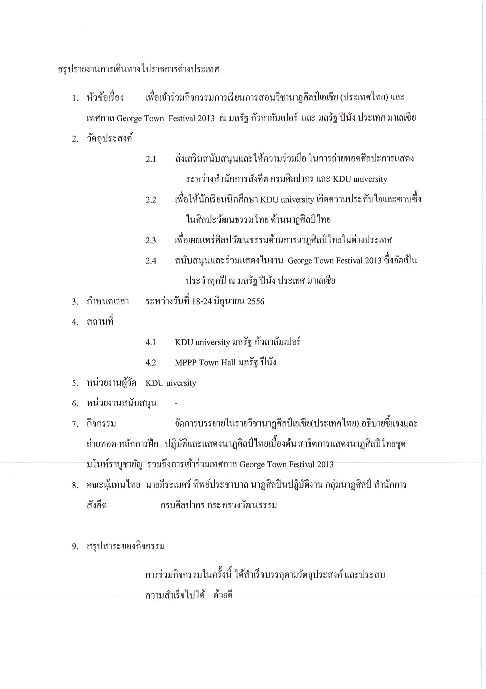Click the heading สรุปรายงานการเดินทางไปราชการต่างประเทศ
point(138,70)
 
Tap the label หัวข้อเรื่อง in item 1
point(105,98)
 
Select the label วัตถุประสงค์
point(110,139)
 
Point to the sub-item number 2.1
point(151,159)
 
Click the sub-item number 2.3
point(151,240)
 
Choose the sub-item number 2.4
point(151,261)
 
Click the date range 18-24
point(202,301)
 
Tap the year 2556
point(255,301)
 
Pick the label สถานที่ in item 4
point(100,322)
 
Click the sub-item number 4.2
point(151,362)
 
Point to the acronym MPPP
point(186,362)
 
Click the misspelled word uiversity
point(181,383)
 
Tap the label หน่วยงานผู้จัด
point(111,383)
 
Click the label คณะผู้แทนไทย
point(113,485)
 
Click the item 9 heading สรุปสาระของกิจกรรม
point(125,546)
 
